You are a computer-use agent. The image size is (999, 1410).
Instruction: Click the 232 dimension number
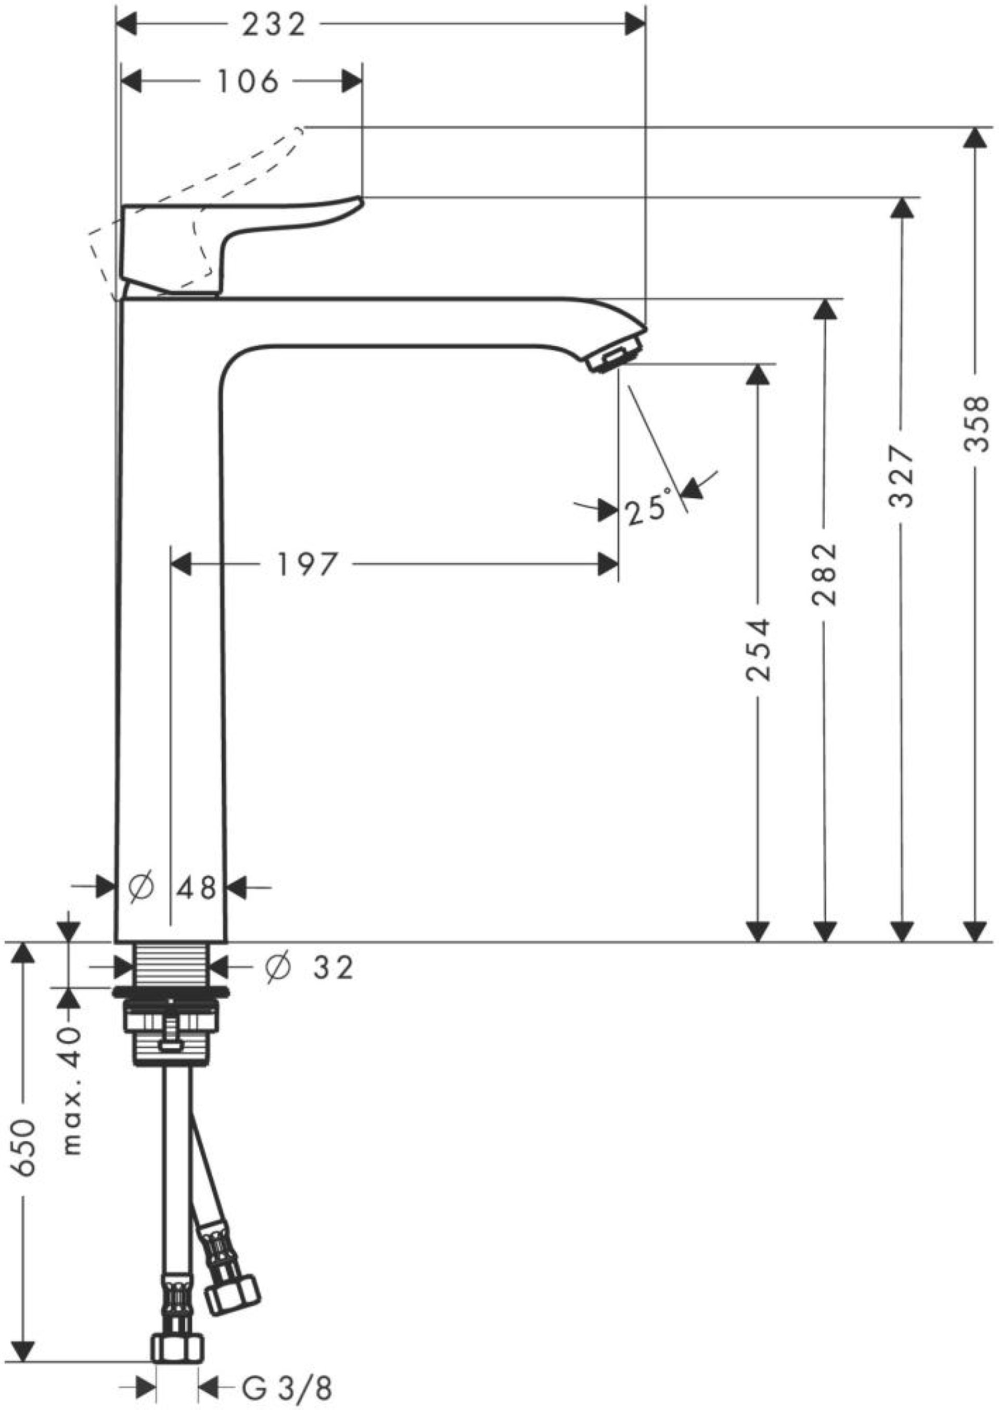pos(273,25)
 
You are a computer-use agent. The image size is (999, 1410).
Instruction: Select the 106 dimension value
pos(248,81)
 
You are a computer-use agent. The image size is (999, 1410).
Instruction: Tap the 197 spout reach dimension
pos(308,564)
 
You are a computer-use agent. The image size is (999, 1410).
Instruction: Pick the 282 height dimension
pos(824,574)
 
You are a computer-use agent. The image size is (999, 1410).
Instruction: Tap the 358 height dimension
pos(975,424)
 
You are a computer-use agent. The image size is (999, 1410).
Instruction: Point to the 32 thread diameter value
pos(334,968)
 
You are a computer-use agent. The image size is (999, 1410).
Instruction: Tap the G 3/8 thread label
pos(287,1389)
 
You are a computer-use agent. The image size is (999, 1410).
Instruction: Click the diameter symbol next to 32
pos(277,967)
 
